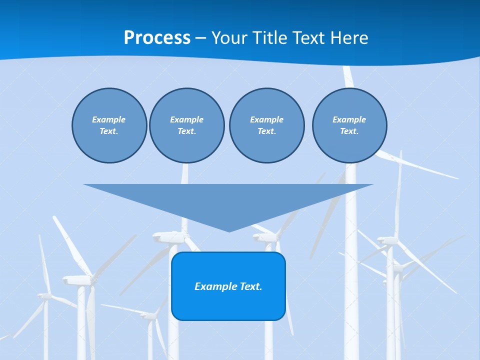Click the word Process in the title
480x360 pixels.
(x=157, y=38)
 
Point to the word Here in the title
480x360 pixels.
(x=349, y=38)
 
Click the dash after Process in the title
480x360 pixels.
(x=201, y=38)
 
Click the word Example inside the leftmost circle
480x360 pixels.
(x=108, y=119)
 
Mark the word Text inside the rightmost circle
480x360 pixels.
(x=349, y=131)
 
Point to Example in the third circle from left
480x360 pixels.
(x=266, y=119)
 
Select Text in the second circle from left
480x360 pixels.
(x=186, y=131)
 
